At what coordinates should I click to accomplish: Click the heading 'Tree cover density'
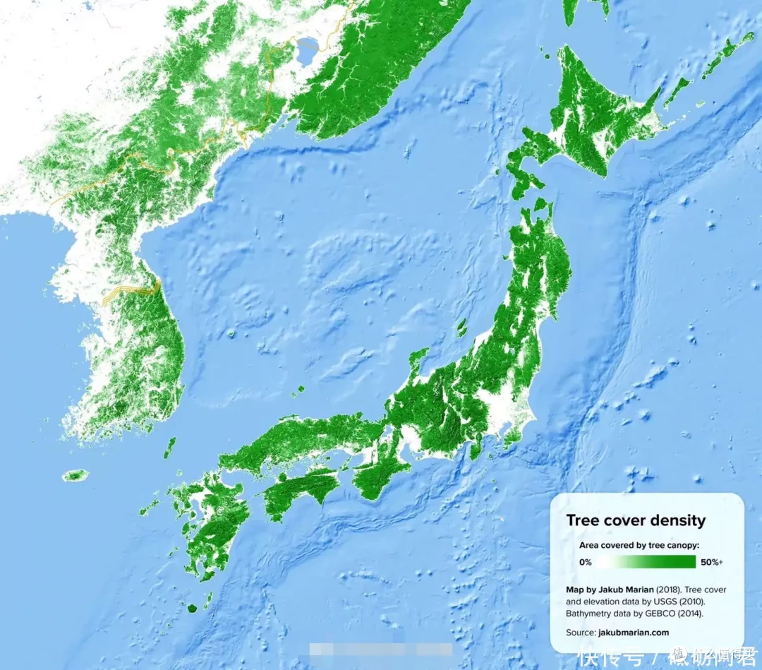[x=636, y=521]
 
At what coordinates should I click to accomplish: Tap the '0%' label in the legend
[x=585, y=562]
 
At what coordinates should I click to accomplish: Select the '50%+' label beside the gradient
[x=711, y=562]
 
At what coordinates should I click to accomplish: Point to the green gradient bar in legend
[x=646, y=562]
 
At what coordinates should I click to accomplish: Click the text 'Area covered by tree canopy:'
[x=639, y=545]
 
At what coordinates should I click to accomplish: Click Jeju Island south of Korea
[x=75, y=475]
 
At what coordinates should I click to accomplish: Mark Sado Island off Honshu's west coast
[x=461, y=327]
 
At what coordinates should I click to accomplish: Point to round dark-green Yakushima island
[x=192, y=606]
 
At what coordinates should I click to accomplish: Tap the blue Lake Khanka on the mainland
[x=308, y=51]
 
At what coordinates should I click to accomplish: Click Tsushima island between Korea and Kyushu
[x=169, y=447]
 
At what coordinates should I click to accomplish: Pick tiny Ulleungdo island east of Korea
[x=231, y=333]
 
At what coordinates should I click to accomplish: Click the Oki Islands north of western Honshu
[x=299, y=389]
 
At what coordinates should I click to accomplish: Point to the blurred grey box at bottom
[x=381, y=650]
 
